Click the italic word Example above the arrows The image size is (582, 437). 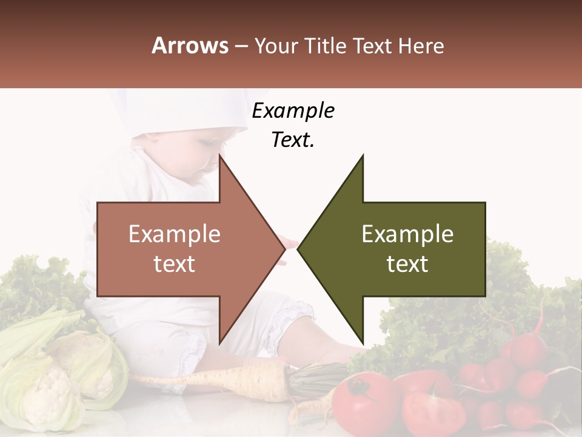293,110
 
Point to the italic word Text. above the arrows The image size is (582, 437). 293,140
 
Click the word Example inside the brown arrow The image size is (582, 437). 175,234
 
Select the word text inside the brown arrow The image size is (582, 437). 175,264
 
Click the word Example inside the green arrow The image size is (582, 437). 407,234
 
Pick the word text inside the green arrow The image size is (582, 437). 407,264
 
